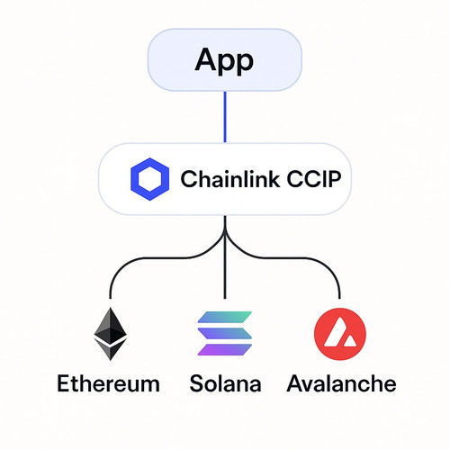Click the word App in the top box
coord(224,60)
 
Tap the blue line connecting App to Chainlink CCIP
coord(225,117)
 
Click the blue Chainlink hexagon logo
coord(149,179)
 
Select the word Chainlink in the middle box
coord(230,179)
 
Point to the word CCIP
coord(314,179)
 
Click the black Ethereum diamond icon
coord(111,334)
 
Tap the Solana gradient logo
coord(225,333)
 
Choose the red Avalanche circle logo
coord(340,334)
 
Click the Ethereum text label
coord(108,383)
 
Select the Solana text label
coord(225,383)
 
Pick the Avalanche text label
coord(341,383)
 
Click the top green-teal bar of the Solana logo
coord(225,317)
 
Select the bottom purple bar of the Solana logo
coord(225,350)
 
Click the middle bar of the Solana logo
coord(225,333)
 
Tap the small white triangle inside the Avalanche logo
coord(349,341)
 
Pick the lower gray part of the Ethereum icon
coord(111,350)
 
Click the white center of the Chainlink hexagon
coord(149,179)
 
